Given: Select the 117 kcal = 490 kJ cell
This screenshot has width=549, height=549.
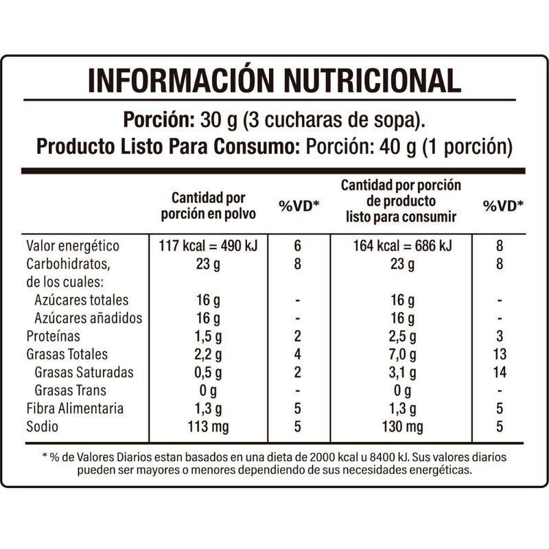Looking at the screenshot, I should click(208, 246).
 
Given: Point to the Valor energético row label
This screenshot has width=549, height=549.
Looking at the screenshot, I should click(73, 246).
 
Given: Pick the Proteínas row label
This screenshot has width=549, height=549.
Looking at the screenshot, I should click(54, 336).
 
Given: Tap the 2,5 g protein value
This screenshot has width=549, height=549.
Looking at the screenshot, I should click(401, 336).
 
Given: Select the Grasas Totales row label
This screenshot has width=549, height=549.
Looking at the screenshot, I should click(67, 355).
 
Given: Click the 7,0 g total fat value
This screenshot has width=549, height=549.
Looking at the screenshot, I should click(401, 355).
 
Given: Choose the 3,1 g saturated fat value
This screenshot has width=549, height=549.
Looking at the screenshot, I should click(401, 373).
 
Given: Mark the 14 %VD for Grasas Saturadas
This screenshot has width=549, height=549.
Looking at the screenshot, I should click(500, 373).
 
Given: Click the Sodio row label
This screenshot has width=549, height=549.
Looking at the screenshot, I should click(43, 426).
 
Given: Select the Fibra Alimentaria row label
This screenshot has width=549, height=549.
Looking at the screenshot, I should click(75, 408).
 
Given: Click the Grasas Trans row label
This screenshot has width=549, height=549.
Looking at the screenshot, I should click(75, 390).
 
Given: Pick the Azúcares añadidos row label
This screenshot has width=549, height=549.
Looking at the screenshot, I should click(88, 318).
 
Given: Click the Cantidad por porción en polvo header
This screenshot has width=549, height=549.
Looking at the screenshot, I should click(208, 205).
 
